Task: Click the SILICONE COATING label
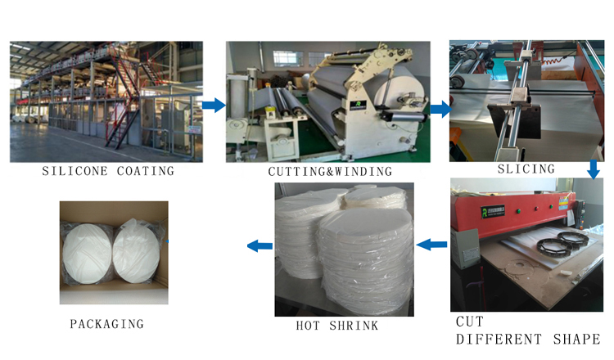109,171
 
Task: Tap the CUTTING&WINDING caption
330,172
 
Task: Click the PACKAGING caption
106,324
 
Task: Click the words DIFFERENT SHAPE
527,340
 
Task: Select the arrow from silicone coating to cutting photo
214,105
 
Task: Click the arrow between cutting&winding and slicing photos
440,108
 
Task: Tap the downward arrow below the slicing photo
594,169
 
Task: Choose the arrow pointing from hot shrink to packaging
260,244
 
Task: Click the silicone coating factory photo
106,101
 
